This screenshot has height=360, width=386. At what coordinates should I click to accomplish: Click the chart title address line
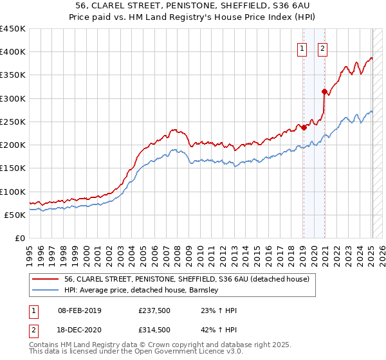click(x=192, y=6)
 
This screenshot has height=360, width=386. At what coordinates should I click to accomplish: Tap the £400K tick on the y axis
click(x=13, y=52)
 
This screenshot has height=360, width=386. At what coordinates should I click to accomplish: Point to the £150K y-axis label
click(x=13, y=168)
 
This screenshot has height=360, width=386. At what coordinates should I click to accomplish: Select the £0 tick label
click(x=20, y=239)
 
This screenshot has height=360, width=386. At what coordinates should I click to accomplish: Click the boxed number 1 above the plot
click(x=302, y=47)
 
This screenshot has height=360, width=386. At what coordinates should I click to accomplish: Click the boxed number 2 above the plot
click(x=323, y=47)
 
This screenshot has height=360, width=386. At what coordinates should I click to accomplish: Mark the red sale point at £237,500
click(x=304, y=127)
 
